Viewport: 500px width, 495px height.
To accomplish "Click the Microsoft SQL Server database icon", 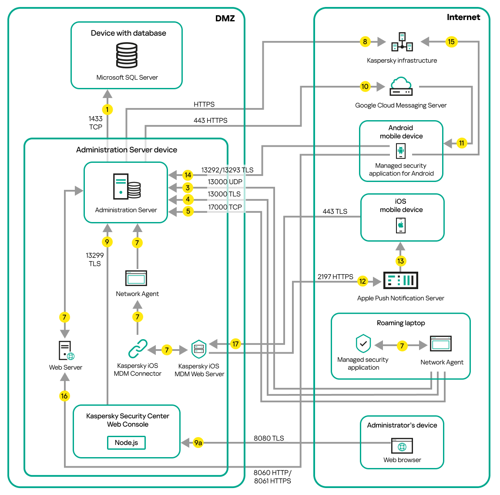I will tap(127, 55).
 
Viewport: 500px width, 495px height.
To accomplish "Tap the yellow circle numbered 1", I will tap(107, 110).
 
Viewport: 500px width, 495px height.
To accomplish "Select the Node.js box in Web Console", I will tap(126, 443).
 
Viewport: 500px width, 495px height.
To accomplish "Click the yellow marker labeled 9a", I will tap(198, 443).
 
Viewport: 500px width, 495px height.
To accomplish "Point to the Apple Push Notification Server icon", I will tap(400, 280).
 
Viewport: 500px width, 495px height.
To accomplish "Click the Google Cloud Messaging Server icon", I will tap(401, 86).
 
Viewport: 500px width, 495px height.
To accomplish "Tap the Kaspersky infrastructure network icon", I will tap(402, 42).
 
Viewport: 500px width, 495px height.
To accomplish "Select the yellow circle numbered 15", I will tap(451, 42).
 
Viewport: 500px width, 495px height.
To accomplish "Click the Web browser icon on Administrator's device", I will tap(402, 446).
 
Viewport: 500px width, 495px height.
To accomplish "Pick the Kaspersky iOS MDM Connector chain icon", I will tap(138, 349).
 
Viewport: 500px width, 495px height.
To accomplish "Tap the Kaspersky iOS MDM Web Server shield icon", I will tap(199, 349).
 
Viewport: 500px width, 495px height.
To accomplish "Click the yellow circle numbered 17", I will tap(235, 344).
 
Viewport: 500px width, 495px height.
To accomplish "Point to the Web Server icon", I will tap(66, 350).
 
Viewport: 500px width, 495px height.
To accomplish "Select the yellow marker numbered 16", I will tap(64, 396).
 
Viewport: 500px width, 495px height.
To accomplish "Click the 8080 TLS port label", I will tap(268, 438).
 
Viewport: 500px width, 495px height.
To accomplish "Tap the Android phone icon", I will tap(401, 151).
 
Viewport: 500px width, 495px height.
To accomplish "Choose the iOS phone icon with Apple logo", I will tap(401, 226).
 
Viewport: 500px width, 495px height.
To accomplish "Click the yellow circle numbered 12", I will tap(362, 281).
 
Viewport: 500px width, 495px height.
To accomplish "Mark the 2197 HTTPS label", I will tap(335, 276).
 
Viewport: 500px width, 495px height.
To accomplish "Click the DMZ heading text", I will tap(225, 18).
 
